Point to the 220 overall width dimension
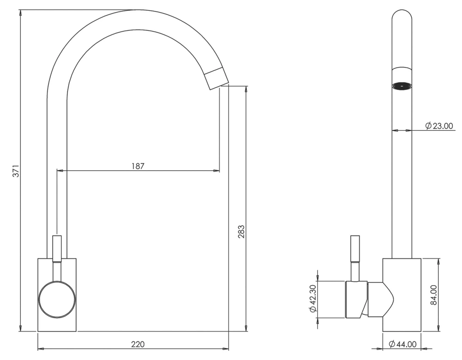(x=138, y=344)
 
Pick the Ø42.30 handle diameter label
(x=313, y=300)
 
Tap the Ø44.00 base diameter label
(x=402, y=344)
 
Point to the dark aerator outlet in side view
(x=401, y=86)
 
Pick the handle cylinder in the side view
(x=356, y=300)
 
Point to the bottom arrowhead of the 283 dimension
(x=245, y=328)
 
